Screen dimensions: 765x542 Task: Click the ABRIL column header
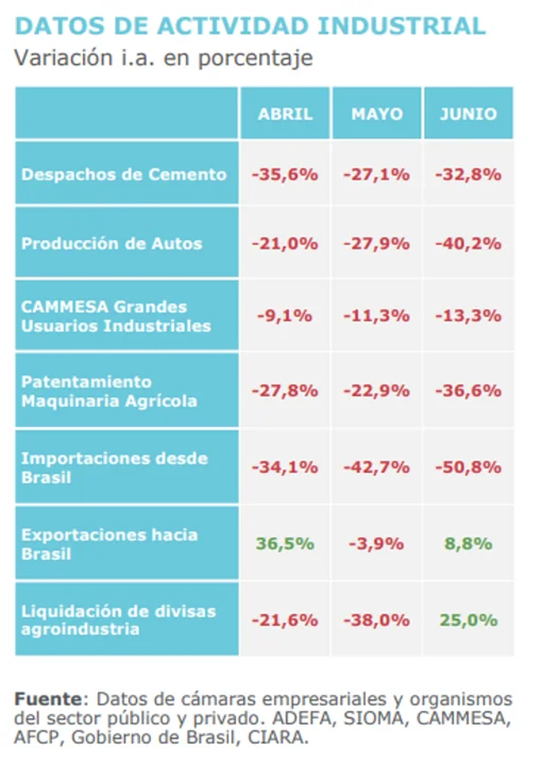click(x=285, y=113)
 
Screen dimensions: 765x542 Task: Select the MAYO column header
click(x=377, y=113)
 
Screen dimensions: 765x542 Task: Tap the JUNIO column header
click(x=468, y=113)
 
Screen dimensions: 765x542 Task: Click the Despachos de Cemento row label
click(x=124, y=175)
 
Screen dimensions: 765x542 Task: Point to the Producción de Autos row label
click(x=112, y=243)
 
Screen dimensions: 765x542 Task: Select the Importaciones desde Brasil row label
click(x=115, y=467)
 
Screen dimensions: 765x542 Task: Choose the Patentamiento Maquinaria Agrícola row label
click(x=110, y=391)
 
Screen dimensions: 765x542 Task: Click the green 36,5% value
click(x=285, y=543)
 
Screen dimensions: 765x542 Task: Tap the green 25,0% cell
click(x=468, y=620)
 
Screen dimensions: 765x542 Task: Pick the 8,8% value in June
click(x=469, y=543)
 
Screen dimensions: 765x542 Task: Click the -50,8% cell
click(x=468, y=467)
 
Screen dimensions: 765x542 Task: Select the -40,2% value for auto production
click(x=468, y=243)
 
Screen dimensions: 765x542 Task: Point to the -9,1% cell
click(x=285, y=316)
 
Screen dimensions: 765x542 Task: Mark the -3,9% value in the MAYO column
click(x=377, y=543)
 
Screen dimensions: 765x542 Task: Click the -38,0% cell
click(x=377, y=620)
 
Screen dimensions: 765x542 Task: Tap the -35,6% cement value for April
click(x=285, y=175)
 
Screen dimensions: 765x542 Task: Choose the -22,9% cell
click(x=377, y=391)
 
